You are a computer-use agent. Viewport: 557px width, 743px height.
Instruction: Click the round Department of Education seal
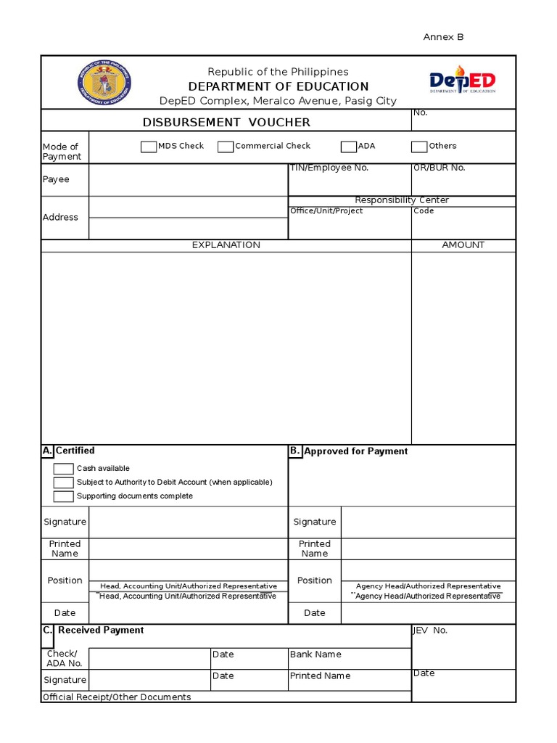pos(104,82)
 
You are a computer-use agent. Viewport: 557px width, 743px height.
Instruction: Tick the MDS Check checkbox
pos(149,147)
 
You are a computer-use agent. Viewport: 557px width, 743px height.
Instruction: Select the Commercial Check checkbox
pos(226,147)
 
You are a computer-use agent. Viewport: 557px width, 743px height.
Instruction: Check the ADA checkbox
pos(349,147)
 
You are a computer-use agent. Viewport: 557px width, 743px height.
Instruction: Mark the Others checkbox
pos(419,147)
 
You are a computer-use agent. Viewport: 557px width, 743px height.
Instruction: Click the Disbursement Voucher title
pos(226,123)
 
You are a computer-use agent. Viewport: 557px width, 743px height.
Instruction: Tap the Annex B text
pos(443,37)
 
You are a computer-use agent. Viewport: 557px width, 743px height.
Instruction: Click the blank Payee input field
pos(189,180)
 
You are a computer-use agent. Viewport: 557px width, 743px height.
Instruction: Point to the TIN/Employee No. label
pos(329,168)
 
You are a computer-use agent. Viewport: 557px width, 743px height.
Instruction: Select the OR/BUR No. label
pos(440,168)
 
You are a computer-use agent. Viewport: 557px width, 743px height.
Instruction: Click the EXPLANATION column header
pos(226,245)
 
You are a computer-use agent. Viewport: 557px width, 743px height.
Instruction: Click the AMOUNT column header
pos(463,245)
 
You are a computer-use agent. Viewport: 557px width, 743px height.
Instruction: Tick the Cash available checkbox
pos(64,469)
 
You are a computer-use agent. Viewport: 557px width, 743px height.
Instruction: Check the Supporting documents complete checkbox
pos(64,496)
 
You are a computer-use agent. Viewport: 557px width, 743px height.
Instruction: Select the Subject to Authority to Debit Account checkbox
pos(64,483)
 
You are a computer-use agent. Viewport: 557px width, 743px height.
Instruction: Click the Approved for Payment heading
pos(355,451)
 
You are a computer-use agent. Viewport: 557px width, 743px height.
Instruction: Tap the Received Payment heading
pos(101,631)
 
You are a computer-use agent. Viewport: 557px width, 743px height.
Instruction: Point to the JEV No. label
pos(430,631)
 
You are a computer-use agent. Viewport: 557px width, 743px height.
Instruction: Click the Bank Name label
pos(315,654)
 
